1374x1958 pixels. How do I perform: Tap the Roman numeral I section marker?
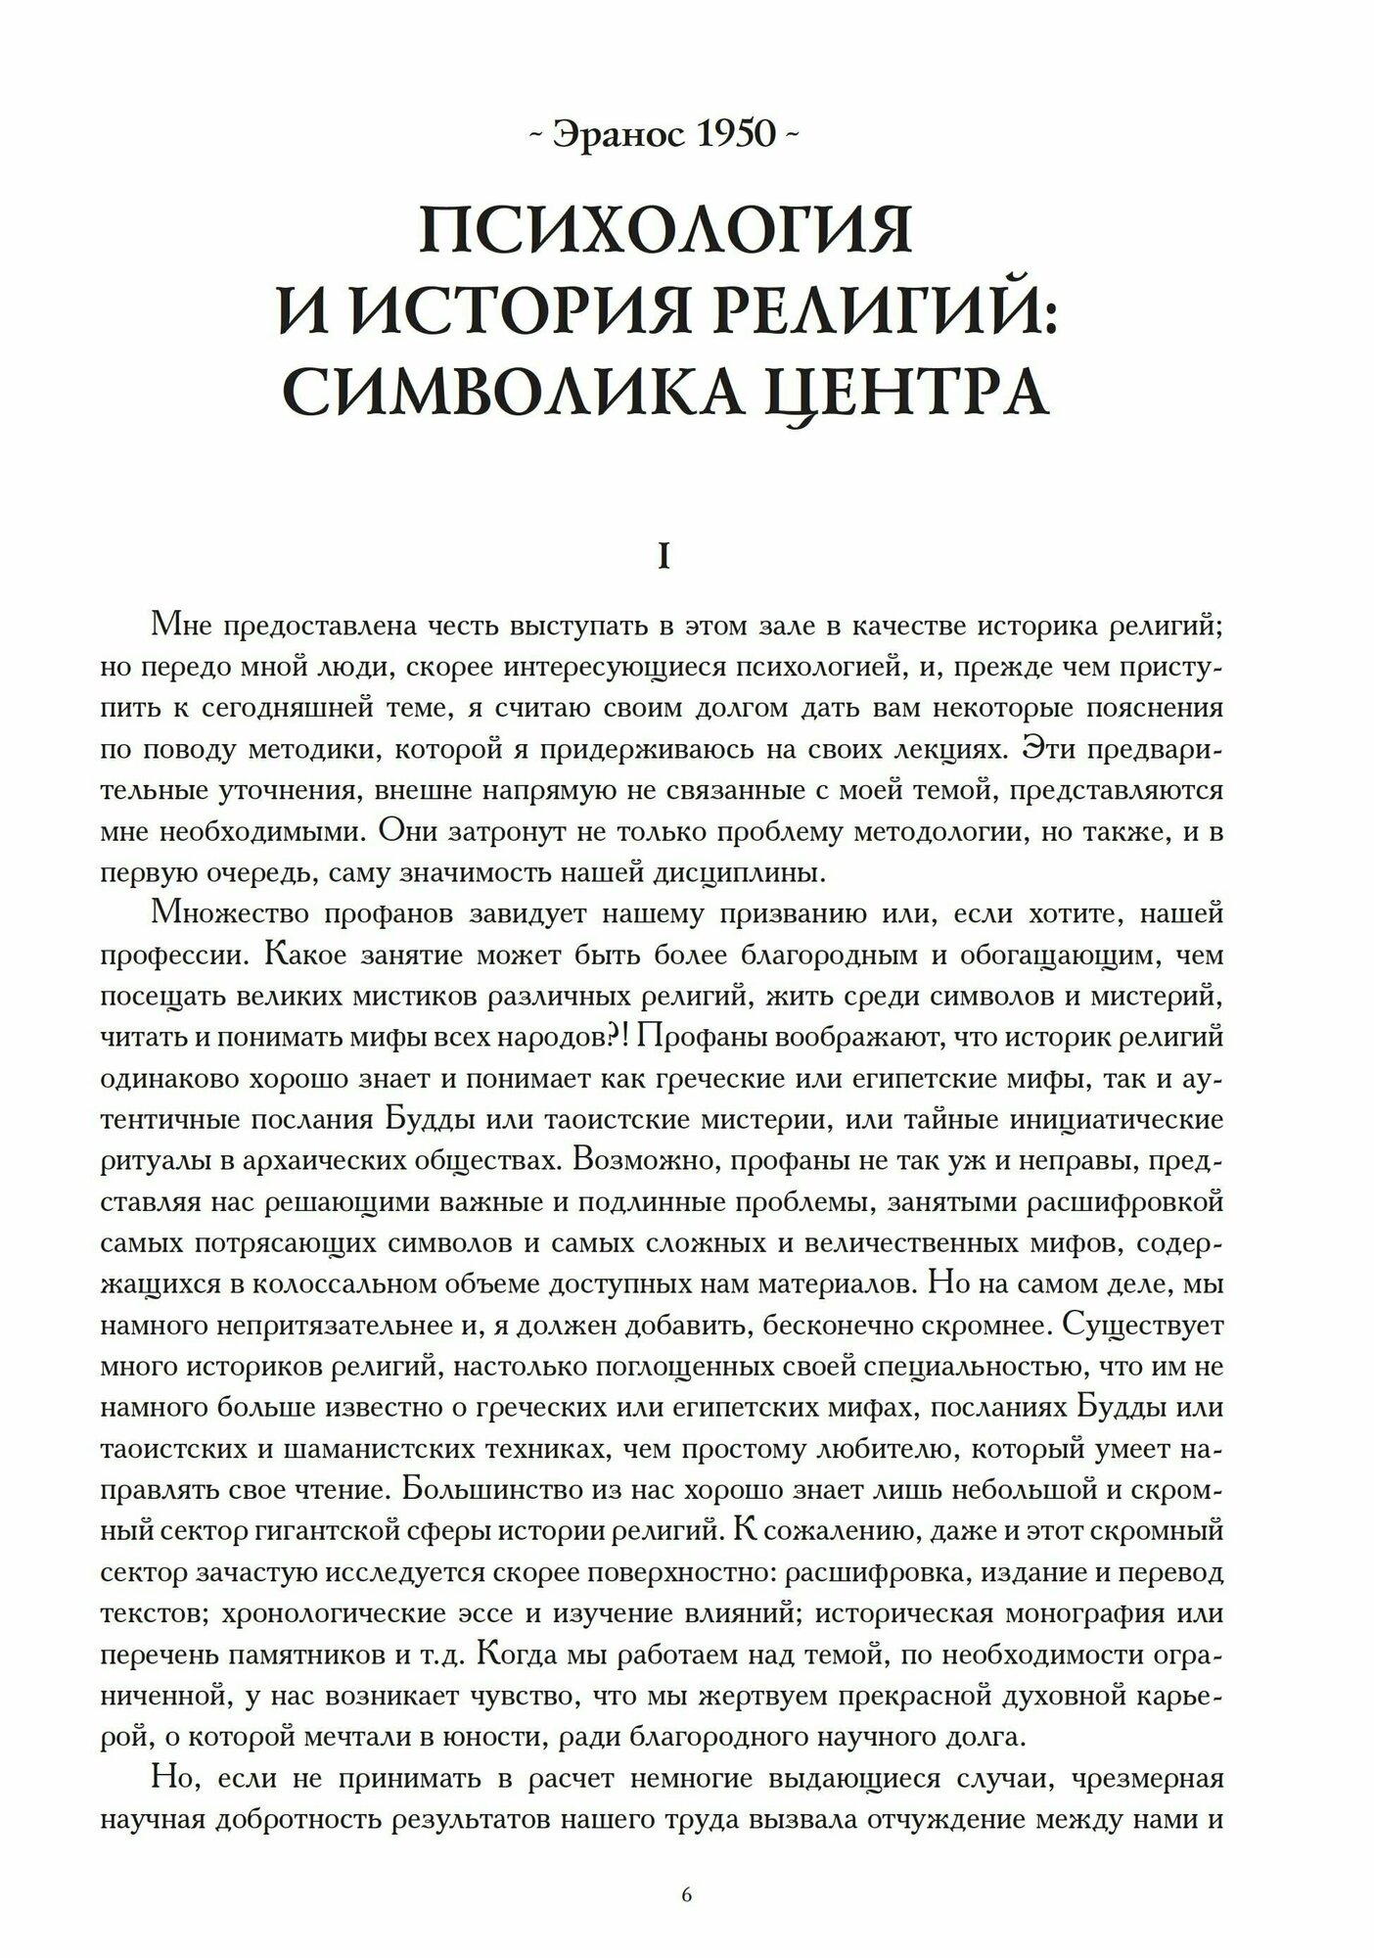664,559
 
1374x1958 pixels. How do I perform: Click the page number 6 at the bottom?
686,1894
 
